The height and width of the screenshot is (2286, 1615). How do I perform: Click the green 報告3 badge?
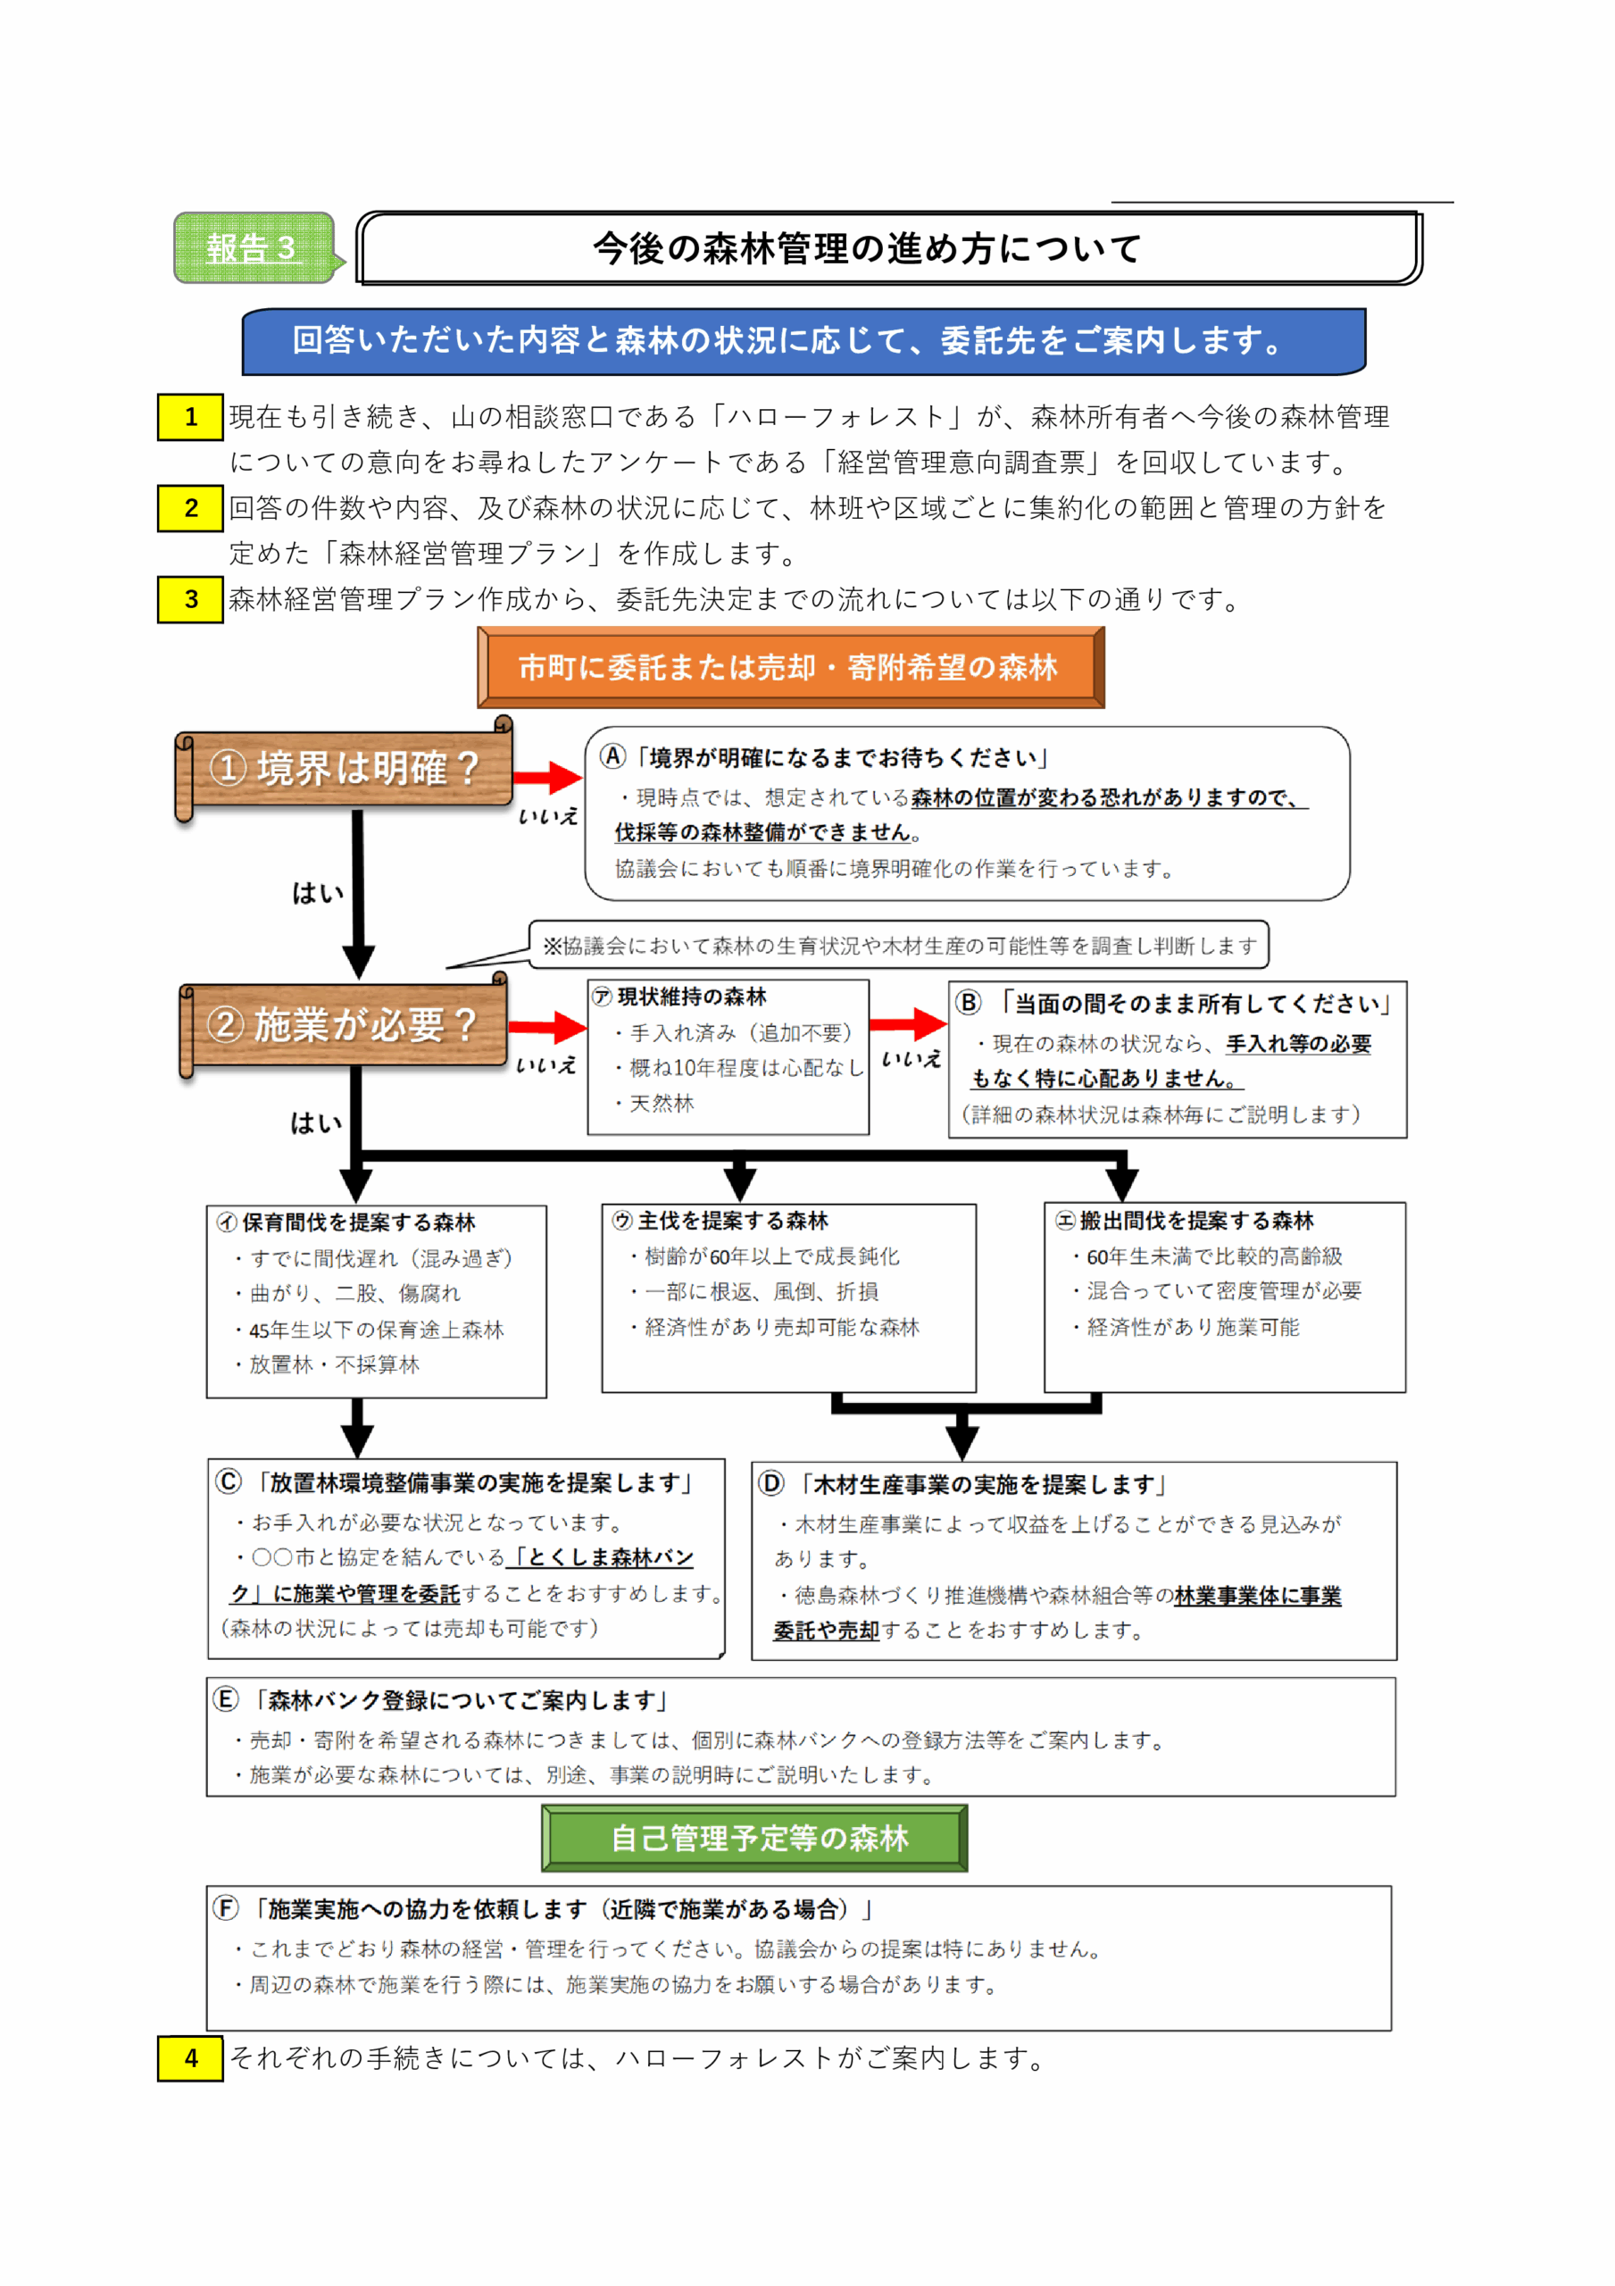253,248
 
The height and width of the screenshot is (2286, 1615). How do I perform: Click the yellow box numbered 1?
190,417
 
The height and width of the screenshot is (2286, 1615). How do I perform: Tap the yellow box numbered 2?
190,509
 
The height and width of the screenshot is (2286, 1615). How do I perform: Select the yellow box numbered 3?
190,599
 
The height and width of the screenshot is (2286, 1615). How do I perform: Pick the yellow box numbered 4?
190,2058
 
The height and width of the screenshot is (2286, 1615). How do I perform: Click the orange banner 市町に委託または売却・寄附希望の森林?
789,667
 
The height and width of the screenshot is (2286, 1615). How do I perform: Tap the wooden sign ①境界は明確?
345,768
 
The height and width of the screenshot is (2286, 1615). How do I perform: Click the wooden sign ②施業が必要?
343,1024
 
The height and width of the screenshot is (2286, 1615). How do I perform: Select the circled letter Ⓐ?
613,756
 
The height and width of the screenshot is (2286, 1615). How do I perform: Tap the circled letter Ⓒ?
229,1481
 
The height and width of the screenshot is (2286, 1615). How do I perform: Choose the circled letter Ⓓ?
771,1483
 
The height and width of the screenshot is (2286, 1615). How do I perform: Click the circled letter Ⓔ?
227,1699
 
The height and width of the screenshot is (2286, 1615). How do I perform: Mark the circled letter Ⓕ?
227,1907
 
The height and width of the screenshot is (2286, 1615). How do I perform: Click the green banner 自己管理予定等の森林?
754,1838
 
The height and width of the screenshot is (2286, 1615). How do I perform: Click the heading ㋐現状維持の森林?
681,997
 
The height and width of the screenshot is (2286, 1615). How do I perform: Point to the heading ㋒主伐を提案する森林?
720,1221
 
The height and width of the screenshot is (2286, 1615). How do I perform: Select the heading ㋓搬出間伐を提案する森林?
1185,1221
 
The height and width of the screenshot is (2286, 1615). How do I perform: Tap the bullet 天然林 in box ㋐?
662,1103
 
